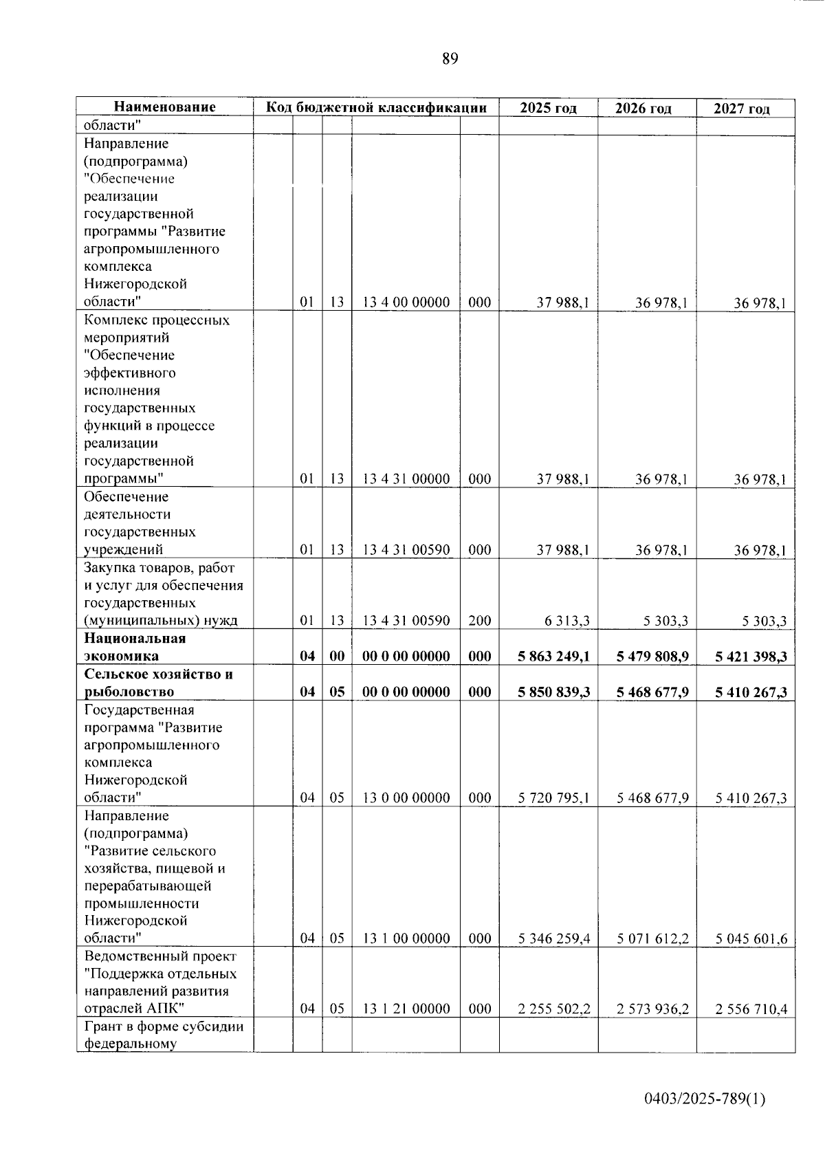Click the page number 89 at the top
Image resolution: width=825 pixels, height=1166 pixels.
point(450,59)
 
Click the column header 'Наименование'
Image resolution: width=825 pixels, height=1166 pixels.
point(164,107)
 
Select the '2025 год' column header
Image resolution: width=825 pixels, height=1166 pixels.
point(548,108)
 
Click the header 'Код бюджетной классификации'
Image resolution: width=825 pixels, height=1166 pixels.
point(376,107)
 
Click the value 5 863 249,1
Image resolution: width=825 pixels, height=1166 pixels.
point(553,657)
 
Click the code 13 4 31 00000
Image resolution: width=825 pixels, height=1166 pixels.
point(406,479)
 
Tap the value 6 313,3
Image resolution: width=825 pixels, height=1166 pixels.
point(567,621)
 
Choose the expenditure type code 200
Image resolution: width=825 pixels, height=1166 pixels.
point(479,621)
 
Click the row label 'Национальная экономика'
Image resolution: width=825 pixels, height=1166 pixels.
point(135,647)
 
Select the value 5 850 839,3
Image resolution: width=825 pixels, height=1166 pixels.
point(553,692)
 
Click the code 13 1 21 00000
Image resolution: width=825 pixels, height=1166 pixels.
point(406,1009)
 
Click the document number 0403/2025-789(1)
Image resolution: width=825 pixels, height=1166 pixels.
point(704,1099)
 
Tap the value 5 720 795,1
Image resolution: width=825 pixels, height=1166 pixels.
point(553,798)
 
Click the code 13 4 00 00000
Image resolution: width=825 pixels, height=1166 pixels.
point(406,302)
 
